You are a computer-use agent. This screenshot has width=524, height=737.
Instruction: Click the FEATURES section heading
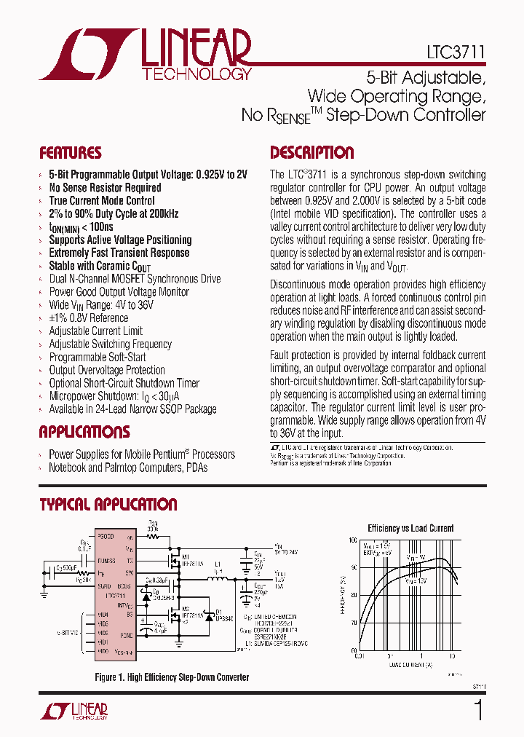pyautogui.click(x=70, y=153)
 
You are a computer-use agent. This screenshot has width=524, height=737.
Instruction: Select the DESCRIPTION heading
pyautogui.click(x=311, y=153)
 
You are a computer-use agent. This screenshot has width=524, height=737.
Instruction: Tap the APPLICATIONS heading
pyautogui.click(x=84, y=432)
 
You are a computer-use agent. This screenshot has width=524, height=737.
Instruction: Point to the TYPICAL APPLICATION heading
pyautogui.click(x=108, y=505)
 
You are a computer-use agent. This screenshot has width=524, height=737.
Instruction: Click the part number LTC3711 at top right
pyautogui.click(x=456, y=53)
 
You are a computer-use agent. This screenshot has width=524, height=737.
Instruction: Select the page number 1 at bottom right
pyautogui.click(x=478, y=710)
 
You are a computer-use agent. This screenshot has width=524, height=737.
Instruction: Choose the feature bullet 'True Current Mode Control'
pyautogui.click(x=101, y=200)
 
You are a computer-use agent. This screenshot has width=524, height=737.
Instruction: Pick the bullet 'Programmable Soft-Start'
pyautogui.click(x=97, y=357)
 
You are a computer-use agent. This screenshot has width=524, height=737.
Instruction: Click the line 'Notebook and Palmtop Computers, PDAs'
pyautogui.click(x=127, y=468)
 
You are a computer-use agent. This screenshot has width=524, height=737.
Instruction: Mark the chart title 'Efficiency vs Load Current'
pyautogui.click(x=410, y=528)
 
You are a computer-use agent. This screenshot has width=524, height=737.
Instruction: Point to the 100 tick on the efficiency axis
pyautogui.click(x=352, y=540)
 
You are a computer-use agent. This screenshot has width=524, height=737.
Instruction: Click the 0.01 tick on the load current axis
pyautogui.click(x=359, y=655)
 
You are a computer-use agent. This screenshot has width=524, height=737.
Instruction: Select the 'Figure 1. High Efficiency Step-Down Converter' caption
pyautogui.click(x=172, y=677)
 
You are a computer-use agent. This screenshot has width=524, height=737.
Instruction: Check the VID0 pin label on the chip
pyautogui.click(x=103, y=650)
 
